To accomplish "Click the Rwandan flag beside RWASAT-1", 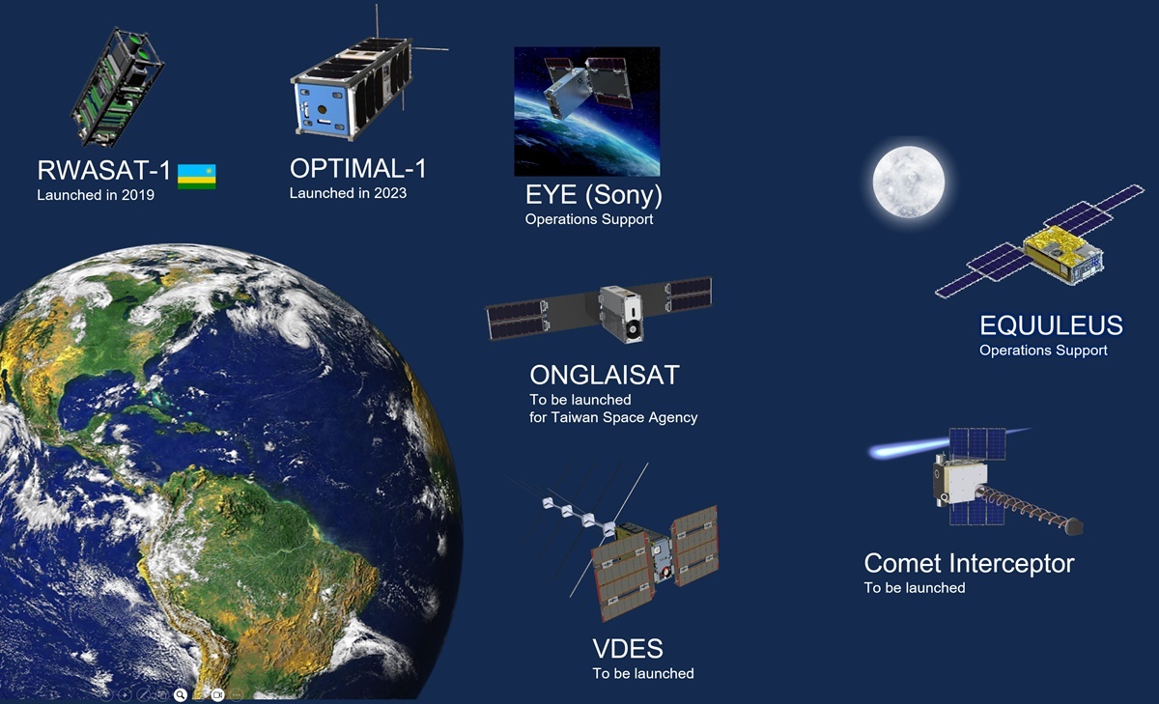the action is [x=197, y=177].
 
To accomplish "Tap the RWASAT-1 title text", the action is [x=103, y=170].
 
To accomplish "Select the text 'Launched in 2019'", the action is [x=96, y=195].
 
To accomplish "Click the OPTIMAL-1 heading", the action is [x=358, y=169].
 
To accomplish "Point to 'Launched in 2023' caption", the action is [x=348, y=193].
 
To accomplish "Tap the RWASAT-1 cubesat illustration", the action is [x=118, y=87].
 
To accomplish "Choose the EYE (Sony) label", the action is [x=593, y=195].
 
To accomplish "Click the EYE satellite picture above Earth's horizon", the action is [x=587, y=112].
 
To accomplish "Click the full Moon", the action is [x=909, y=182].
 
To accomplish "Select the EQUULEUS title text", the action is [x=1051, y=325].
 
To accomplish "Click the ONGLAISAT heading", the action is [x=605, y=375].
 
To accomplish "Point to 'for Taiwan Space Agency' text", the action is [x=613, y=417].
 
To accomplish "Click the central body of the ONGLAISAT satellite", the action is [x=621, y=313].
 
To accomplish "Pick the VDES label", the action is [x=628, y=649].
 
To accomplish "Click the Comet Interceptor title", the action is [x=969, y=563].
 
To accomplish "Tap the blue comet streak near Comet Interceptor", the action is [x=911, y=448].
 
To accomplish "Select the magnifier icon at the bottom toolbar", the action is [x=180, y=694].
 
